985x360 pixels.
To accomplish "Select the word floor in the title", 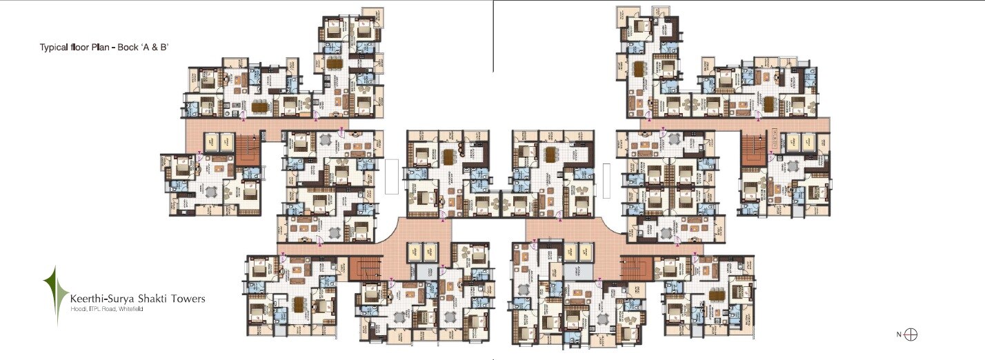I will (81, 48).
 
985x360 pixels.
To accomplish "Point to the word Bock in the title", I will (127, 48).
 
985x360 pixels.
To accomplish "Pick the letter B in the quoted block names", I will (164, 48).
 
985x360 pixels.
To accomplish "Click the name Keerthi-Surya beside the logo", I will (101, 299).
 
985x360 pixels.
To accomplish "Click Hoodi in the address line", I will (77, 309).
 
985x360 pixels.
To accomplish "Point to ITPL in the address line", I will (92, 309).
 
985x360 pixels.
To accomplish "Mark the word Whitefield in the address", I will (130, 309).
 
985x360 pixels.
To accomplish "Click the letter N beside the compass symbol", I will (899, 335).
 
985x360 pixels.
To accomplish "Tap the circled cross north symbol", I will (911, 335).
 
